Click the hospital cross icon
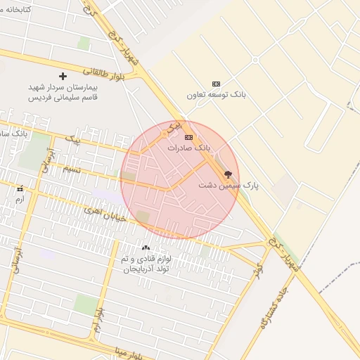(63, 76)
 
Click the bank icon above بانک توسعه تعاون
(215, 84)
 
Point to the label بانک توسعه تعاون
(214, 94)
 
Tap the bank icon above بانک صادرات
(188, 137)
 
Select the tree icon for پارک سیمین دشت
(227, 174)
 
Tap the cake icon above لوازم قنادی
(146, 247)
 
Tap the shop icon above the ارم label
(20, 188)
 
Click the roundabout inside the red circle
(164, 133)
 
